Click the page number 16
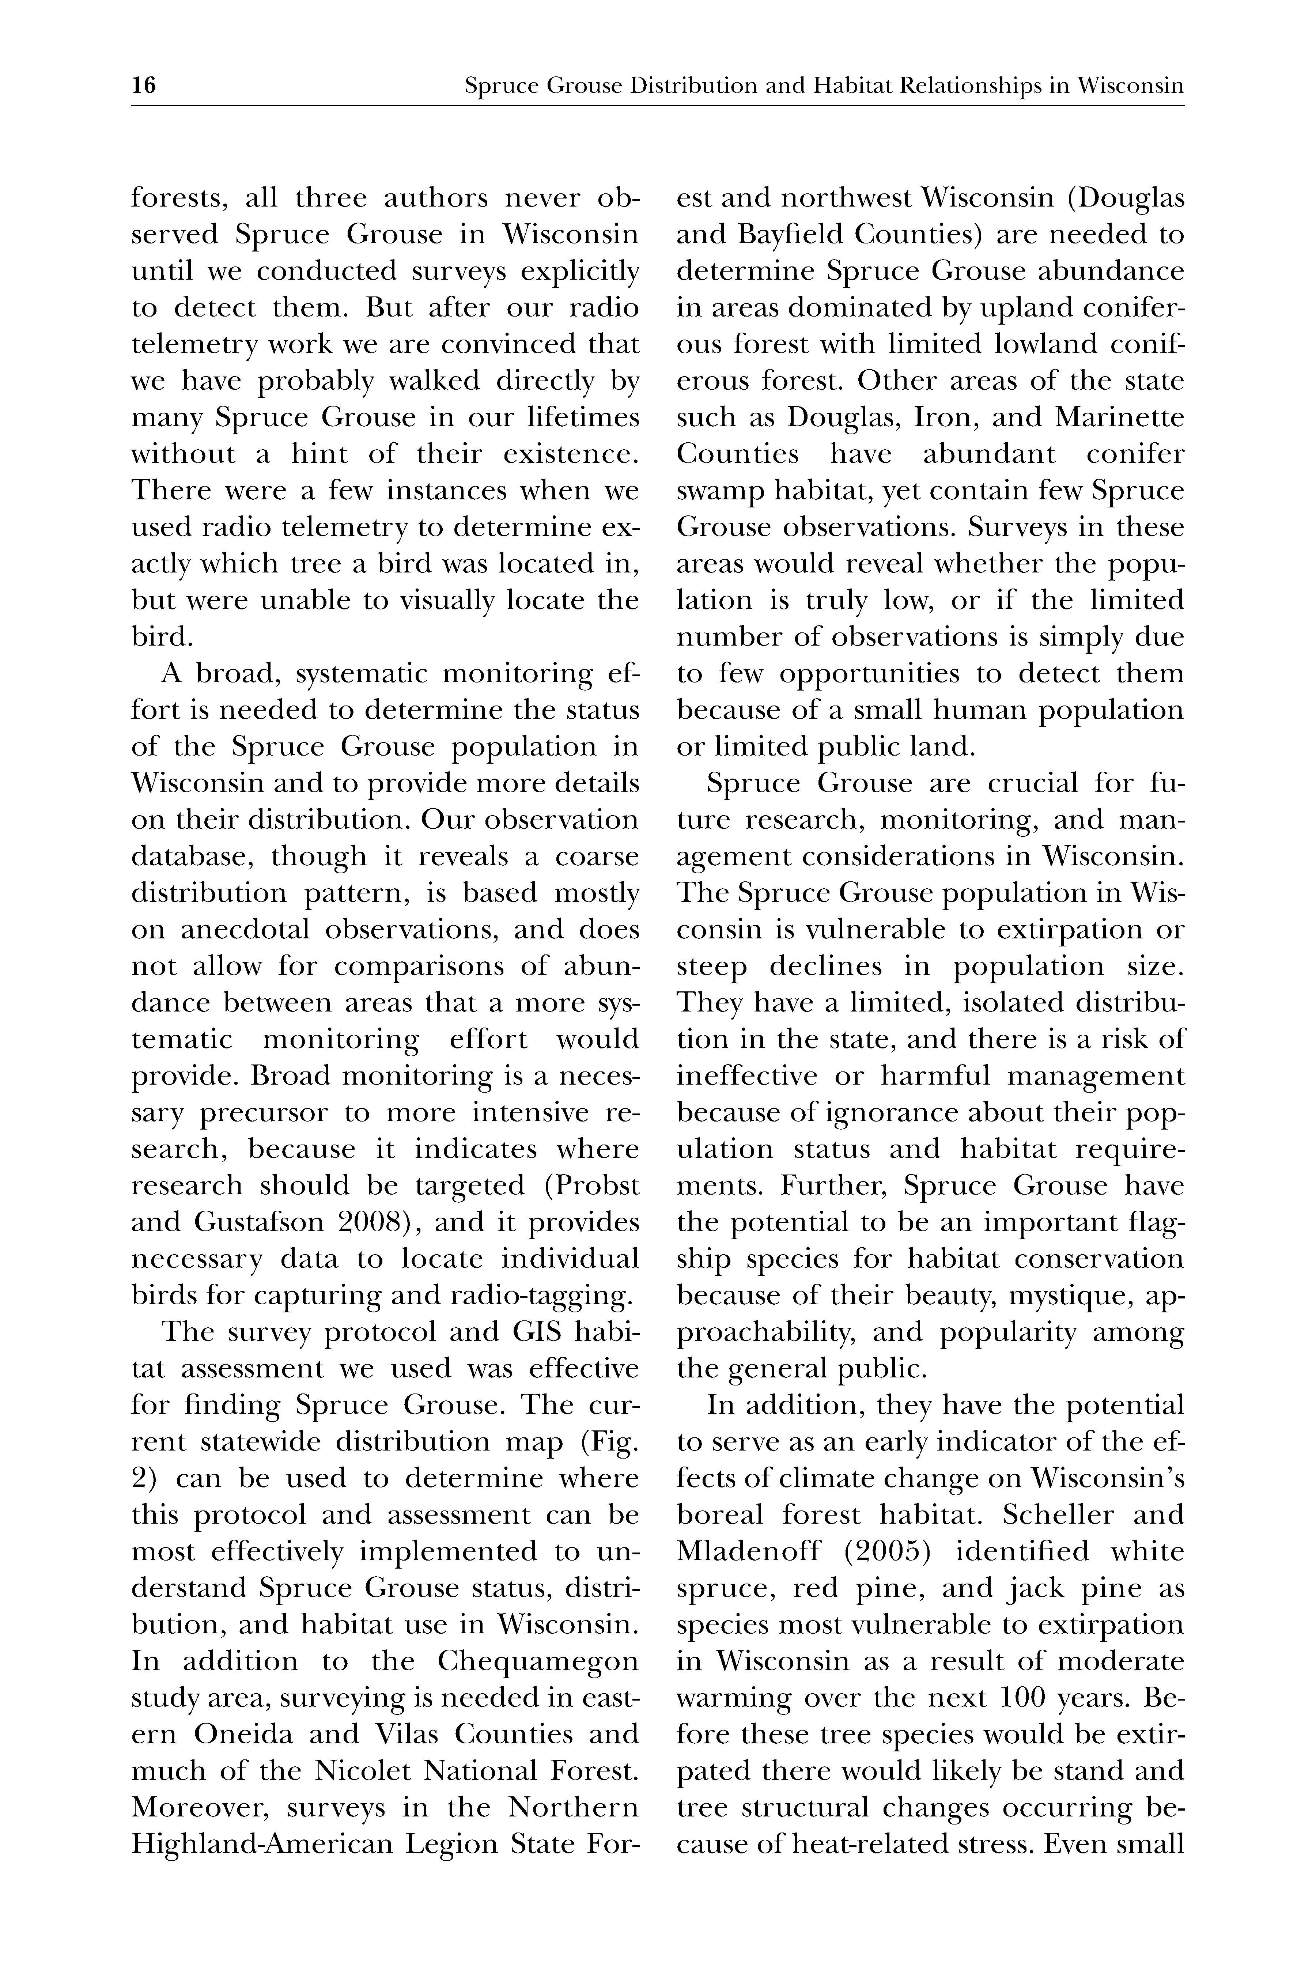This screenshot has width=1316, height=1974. pyautogui.click(x=144, y=86)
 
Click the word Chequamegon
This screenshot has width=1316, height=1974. pyautogui.click(x=537, y=1661)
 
